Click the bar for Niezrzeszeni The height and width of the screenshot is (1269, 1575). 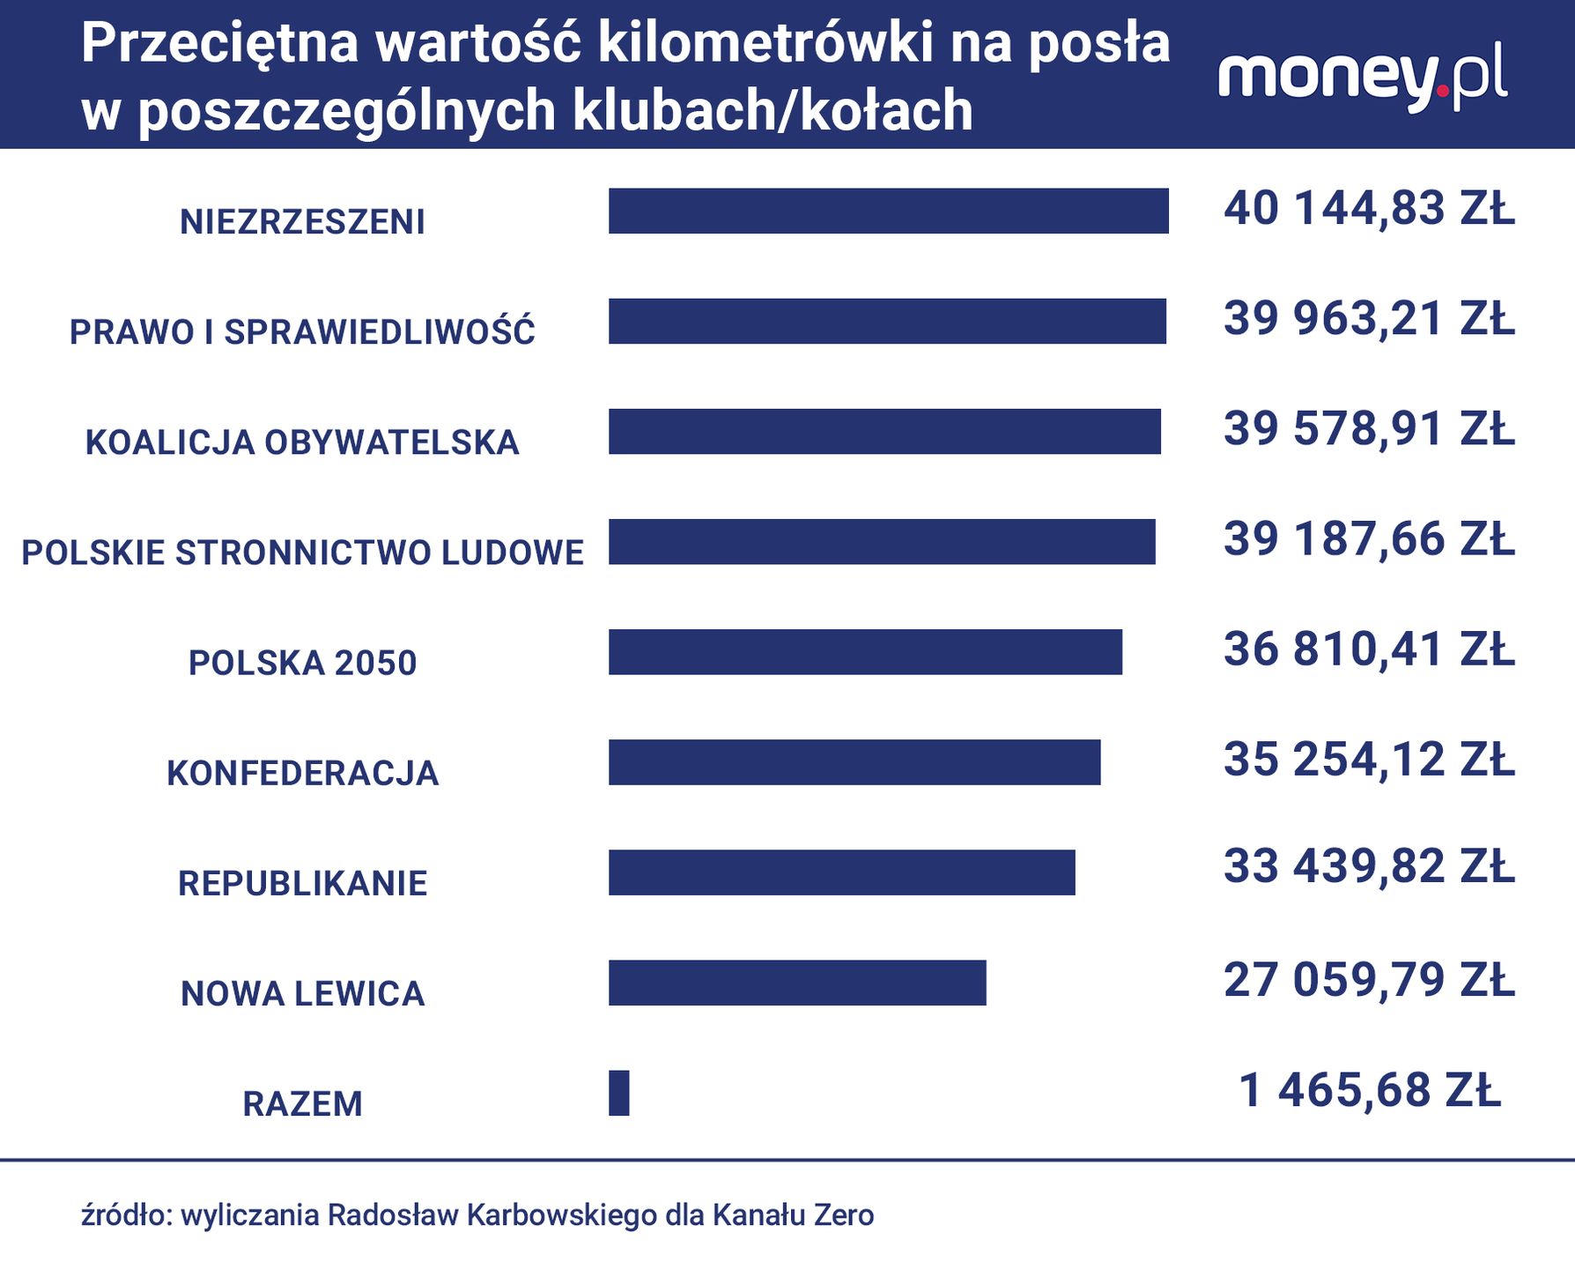click(888, 211)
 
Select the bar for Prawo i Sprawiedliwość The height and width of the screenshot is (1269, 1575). click(887, 321)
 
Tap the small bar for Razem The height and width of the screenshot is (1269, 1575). click(619, 1093)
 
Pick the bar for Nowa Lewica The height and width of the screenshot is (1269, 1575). click(797, 983)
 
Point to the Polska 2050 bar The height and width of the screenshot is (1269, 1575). click(865, 652)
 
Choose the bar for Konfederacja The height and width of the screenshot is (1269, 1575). click(854, 762)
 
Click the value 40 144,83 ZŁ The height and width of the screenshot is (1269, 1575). click(1369, 209)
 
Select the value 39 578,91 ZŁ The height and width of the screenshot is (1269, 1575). click(1369, 429)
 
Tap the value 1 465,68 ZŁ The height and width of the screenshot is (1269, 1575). click(1369, 1090)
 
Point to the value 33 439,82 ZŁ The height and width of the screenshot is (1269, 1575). click(1369, 866)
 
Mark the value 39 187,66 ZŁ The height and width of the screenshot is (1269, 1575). click(1369, 539)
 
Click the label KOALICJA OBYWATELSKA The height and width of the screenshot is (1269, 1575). click(302, 442)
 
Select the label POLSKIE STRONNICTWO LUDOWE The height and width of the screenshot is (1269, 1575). click(302, 553)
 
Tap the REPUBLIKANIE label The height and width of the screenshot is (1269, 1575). click(302, 883)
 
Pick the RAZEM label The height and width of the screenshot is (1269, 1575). click(302, 1103)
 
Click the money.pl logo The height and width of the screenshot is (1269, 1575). click(1362, 79)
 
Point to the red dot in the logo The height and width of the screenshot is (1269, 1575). click(1442, 90)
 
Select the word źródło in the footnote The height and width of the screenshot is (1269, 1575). click(125, 1215)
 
